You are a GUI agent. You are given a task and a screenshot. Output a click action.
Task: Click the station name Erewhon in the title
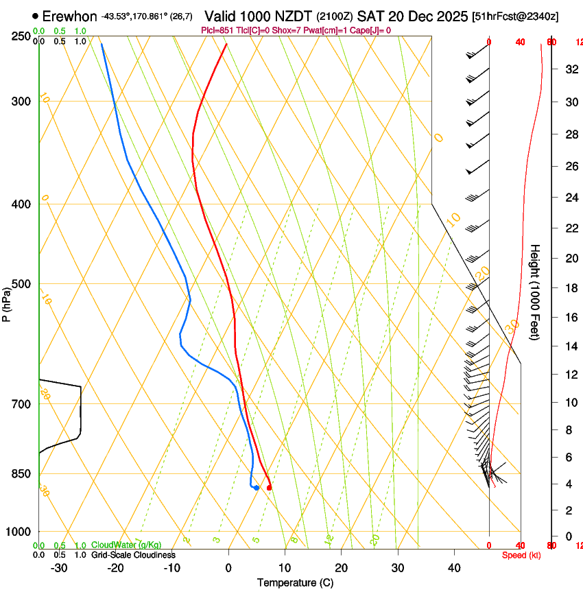click(69, 16)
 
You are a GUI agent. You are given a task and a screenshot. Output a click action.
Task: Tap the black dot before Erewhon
click(35, 16)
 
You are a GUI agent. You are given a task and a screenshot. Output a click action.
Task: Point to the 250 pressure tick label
click(20, 36)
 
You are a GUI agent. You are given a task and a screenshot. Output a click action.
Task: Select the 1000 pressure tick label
click(17, 532)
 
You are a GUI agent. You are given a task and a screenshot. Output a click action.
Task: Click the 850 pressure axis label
click(20, 474)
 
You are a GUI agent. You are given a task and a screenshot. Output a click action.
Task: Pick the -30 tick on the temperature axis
click(59, 567)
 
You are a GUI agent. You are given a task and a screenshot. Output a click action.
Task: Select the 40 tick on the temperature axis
click(454, 567)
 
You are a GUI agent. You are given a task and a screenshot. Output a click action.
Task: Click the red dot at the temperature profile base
click(270, 488)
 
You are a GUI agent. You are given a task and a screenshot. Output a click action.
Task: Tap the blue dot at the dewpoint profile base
click(256, 488)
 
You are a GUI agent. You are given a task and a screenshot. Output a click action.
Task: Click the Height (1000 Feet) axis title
click(536, 292)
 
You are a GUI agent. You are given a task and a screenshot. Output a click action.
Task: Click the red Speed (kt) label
click(521, 555)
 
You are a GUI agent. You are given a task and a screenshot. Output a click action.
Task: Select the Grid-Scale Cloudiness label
click(133, 555)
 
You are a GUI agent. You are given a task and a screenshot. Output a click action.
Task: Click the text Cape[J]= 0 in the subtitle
click(370, 30)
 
